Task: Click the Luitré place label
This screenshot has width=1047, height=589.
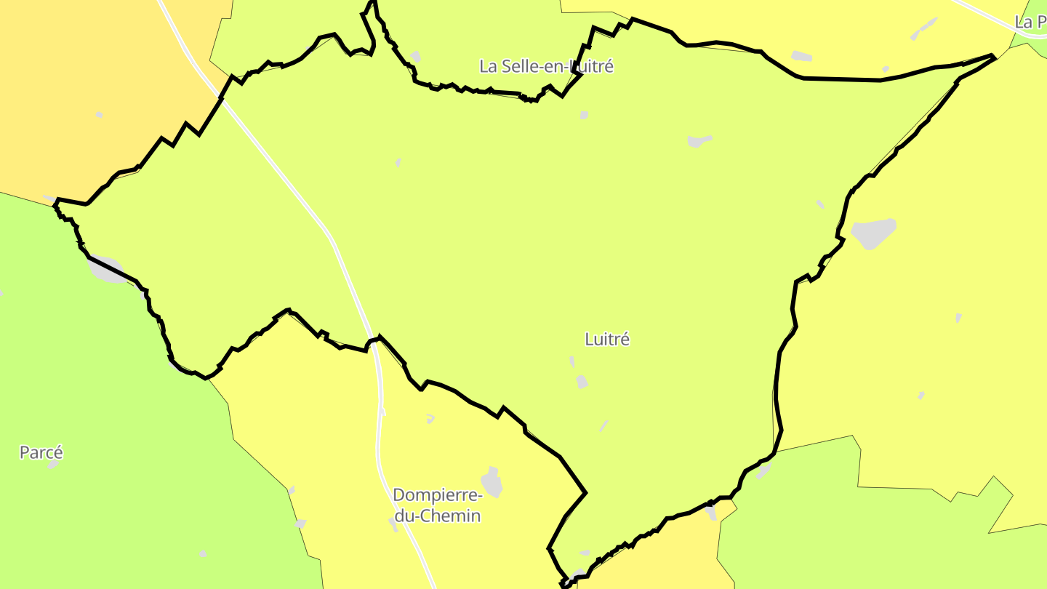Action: point(607,339)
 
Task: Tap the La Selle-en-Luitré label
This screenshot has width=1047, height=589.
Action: point(546,66)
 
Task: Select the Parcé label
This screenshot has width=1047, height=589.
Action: point(41,452)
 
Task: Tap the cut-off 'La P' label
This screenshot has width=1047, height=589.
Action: point(1030,22)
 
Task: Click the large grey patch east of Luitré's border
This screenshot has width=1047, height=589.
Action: point(873,233)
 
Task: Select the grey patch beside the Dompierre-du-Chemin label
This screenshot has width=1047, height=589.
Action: point(492,482)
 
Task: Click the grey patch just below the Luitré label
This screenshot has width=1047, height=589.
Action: point(582,381)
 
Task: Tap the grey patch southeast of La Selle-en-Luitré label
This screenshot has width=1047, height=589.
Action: point(699,140)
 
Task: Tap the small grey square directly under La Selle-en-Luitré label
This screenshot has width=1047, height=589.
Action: point(584,115)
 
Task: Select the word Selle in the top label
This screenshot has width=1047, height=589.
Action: point(517,66)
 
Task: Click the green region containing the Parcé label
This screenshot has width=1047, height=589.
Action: point(109,436)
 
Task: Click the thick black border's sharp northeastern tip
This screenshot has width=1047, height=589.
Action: point(993,55)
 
